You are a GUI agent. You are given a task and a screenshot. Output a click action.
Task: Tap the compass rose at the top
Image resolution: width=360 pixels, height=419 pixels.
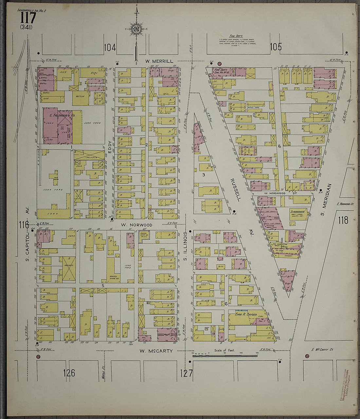coord(135,29)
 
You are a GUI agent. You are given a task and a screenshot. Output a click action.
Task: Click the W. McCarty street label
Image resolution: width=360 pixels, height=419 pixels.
coord(156,351)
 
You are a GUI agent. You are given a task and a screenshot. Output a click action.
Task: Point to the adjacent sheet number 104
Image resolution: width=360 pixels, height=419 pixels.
coord(110,48)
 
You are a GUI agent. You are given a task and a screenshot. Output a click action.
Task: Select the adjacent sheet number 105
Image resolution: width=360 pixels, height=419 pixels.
coord(276,47)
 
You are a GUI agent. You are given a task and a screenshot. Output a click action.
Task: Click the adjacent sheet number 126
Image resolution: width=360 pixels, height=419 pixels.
coord(69,373)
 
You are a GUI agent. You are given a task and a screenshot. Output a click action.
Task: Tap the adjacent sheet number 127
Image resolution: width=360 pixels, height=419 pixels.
coord(186,373)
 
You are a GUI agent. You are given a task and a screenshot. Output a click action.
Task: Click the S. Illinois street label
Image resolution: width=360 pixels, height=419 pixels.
coord(185,246)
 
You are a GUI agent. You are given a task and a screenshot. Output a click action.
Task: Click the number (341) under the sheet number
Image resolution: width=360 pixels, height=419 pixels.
coord(26,27)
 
